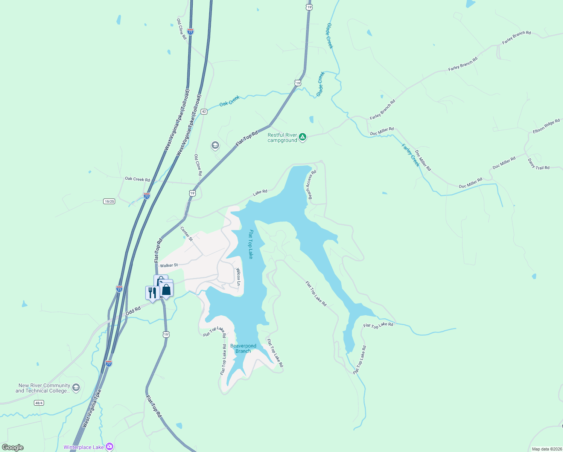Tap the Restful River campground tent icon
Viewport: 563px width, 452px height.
303,137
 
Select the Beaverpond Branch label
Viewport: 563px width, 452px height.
243,348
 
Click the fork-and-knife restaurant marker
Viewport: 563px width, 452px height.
152,293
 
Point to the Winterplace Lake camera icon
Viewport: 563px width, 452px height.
110,447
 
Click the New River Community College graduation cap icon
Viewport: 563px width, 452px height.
76,388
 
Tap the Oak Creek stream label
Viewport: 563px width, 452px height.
230,101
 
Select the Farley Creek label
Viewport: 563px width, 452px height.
410,155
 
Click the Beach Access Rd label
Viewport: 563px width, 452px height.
312,185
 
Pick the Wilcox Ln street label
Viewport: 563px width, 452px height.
238,276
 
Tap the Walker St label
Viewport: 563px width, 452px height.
169,266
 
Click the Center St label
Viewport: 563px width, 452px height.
186,234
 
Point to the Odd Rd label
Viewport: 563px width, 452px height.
133,311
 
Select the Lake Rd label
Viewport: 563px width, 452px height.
260,192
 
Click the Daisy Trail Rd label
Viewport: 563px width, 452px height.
539,164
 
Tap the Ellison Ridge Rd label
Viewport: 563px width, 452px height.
546,126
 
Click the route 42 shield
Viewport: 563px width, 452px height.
204,111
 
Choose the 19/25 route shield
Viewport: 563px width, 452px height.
109,202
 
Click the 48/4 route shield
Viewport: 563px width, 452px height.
39,403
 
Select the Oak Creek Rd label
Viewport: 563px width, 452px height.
137,179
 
